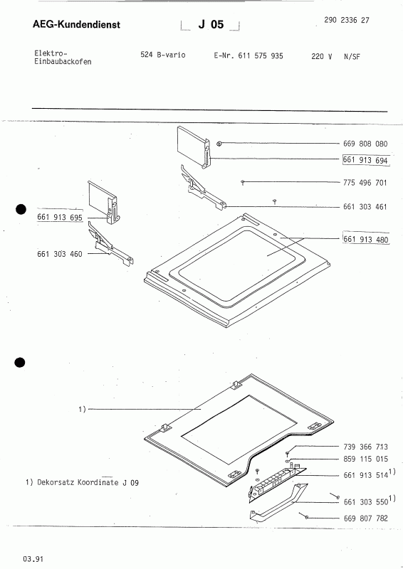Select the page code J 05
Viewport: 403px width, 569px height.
tap(211, 25)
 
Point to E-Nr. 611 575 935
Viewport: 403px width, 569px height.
tap(248, 55)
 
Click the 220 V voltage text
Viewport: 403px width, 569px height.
tap(322, 55)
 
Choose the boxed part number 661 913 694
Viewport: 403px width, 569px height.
tap(365, 161)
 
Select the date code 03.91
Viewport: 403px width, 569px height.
tap(32, 559)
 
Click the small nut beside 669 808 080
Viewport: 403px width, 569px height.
tap(221, 144)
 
